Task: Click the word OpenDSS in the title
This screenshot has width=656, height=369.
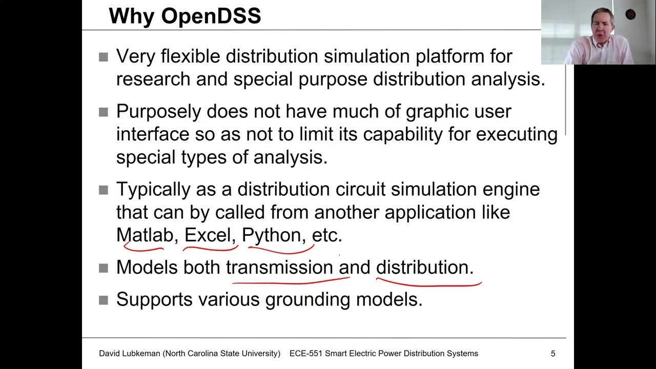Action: [x=211, y=16]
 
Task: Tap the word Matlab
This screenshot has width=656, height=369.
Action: [x=145, y=235]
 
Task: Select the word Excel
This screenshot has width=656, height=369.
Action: [x=207, y=235]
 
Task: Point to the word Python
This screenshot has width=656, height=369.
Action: [x=271, y=235]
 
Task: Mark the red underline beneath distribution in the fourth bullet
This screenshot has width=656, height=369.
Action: [x=428, y=282]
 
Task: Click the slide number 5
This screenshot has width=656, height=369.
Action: [x=553, y=353]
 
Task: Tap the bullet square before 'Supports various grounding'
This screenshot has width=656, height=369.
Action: [x=104, y=300]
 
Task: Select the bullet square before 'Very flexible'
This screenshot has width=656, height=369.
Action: [x=104, y=57]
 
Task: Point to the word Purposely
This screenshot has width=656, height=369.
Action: [x=158, y=111]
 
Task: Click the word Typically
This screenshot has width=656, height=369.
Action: [x=153, y=189]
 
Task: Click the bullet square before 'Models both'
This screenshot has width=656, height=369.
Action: [x=104, y=268]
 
